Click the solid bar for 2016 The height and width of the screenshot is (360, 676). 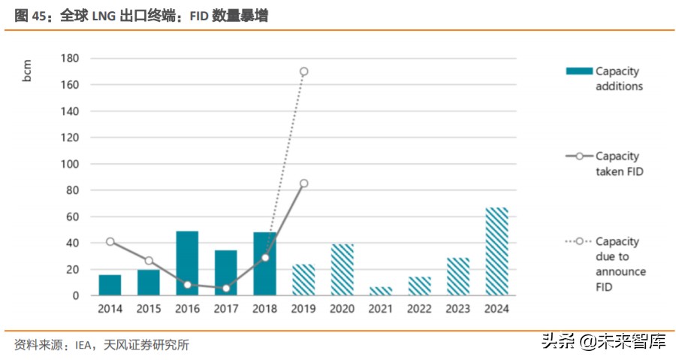[187, 263]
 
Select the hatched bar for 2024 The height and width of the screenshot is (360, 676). [497, 252]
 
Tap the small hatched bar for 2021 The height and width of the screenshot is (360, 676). [381, 291]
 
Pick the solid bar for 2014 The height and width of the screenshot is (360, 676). [110, 285]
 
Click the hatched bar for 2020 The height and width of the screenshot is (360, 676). [342, 269]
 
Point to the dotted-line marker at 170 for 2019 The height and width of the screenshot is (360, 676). [303, 71]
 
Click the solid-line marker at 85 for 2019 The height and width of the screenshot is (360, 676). [303, 183]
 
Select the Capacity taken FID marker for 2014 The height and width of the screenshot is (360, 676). [110, 241]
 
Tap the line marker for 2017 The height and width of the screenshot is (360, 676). [226, 288]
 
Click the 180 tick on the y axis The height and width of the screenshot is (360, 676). [70, 58]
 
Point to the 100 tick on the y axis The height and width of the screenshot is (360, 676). [70, 164]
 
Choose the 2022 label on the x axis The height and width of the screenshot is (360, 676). [420, 309]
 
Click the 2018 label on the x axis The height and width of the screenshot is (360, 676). [264, 309]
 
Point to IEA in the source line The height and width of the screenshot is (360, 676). [83, 345]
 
